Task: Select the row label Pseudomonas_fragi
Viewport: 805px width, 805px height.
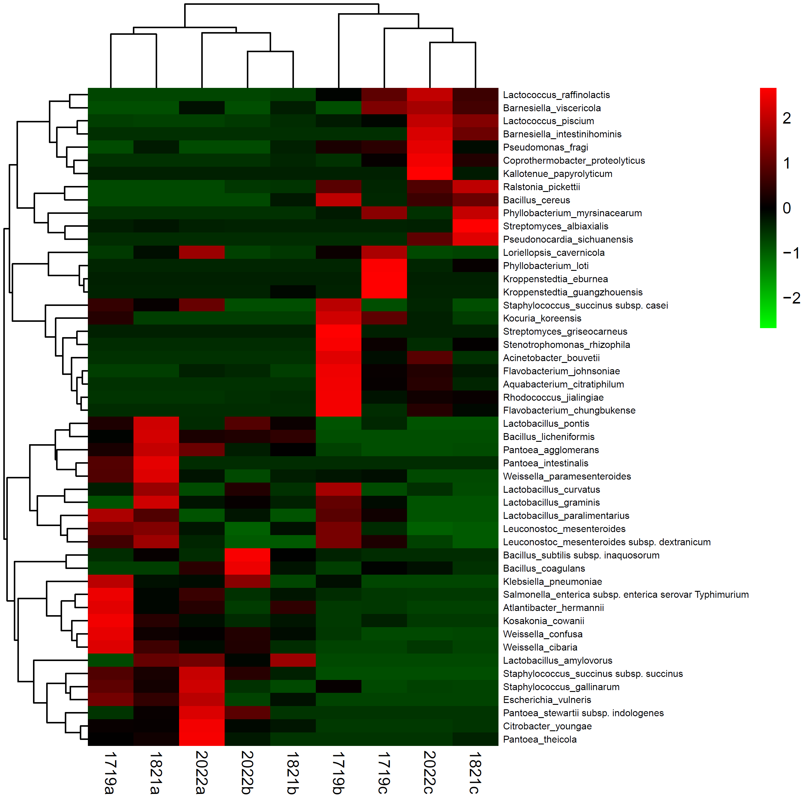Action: click(546, 148)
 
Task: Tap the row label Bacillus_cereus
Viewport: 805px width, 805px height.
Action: click(536, 200)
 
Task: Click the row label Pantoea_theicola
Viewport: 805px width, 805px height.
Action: click(540, 740)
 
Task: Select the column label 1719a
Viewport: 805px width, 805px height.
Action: click(110, 773)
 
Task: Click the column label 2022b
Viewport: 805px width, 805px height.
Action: click(247, 773)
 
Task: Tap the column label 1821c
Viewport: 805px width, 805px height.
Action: click(475, 773)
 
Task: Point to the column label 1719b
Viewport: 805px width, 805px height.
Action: click(338, 773)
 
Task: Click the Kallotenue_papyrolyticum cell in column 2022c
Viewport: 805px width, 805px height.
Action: click(429, 174)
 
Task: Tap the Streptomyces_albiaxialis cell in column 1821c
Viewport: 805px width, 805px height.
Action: click(475, 226)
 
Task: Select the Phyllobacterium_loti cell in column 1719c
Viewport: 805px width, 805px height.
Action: click(384, 266)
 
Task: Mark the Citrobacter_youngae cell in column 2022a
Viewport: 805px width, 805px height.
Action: click(202, 726)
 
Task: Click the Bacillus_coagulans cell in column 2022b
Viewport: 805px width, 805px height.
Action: click(247, 568)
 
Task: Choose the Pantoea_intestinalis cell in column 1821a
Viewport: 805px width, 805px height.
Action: click(156, 463)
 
